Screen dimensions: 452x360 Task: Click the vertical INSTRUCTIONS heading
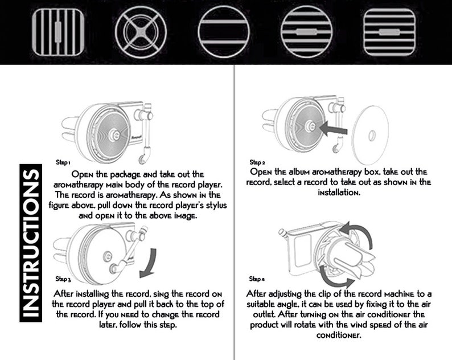[x=31, y=243]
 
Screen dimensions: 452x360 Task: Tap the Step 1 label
[x=63, y=162]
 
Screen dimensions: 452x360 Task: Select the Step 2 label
[x=257, y=162]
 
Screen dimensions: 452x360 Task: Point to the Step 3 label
[x=63, y=279]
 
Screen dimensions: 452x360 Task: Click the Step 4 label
[x=257, y=279]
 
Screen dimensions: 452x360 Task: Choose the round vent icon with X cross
[x=141, y=32]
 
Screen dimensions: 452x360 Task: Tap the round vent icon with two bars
[x=224, y=32]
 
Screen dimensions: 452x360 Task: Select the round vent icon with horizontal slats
[x=306, y=32]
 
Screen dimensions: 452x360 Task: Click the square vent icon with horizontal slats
[x=389, y=32]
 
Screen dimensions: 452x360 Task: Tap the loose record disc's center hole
[x=372, y=135]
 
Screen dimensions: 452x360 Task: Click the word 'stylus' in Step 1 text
[x=216, y=206]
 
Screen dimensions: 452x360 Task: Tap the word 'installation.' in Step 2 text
[x=339, y=193]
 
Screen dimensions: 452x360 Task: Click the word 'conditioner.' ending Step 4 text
[x=339, y=335]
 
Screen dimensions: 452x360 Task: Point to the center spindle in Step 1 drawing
[x=113, y=134]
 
